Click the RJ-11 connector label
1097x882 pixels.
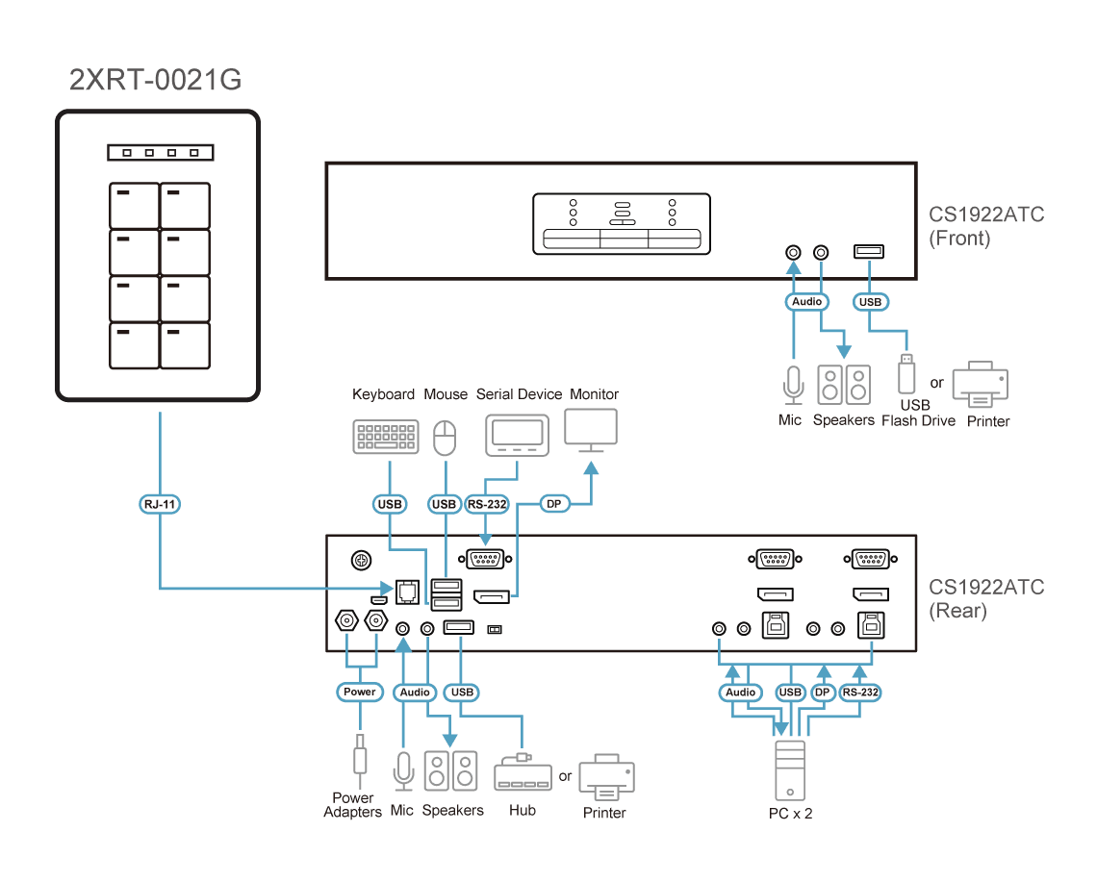point(160,504)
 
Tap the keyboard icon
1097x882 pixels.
point(386,438)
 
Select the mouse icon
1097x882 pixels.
point(445,438)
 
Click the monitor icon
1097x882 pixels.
point(591,430)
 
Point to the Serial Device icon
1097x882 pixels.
point(517,435)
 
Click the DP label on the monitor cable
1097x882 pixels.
point(554,504)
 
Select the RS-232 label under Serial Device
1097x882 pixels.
point(487,504)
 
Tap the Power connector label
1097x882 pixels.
point(360,692)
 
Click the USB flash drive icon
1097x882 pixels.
point(906,374)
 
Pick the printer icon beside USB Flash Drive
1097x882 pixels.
point(981,384)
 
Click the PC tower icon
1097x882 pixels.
point(791,770)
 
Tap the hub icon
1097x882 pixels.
point(523,773)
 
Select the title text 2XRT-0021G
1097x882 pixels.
point(155,80)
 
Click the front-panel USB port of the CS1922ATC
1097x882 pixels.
point(869,251)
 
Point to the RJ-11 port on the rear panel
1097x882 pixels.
point(407,592)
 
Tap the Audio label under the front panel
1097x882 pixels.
point(806,301)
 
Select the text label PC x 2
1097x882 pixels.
point(791,814)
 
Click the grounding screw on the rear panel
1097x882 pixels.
point(361,560)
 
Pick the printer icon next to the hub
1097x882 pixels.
point(606,776)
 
